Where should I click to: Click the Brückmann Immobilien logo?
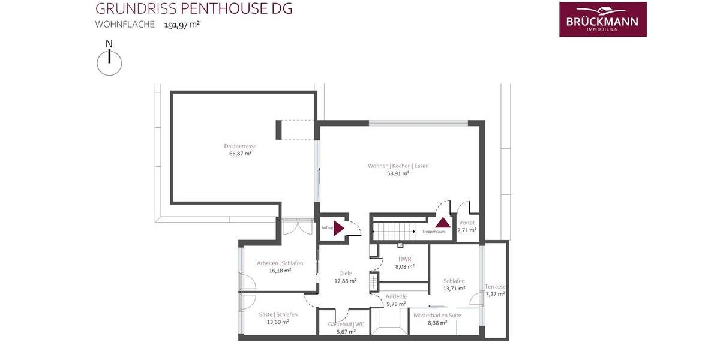coord(602,19)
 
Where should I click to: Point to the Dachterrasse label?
coord(240,146)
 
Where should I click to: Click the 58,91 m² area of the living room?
coord(398,173)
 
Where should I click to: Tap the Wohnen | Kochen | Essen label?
coord(398,166)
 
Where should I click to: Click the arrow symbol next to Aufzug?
coord(338,228)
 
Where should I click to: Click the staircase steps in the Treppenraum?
coord(393,229)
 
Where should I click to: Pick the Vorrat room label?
coord(467,223)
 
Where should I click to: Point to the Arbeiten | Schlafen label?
coord(280,263)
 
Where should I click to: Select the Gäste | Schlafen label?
coord(277,314)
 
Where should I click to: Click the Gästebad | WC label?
coord(346,325)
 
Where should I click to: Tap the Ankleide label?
coord(396,296)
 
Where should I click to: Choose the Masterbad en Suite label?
coord(438,315)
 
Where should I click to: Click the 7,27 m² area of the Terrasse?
coord(496,294)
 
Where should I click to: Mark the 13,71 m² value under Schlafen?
coord(454,288)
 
